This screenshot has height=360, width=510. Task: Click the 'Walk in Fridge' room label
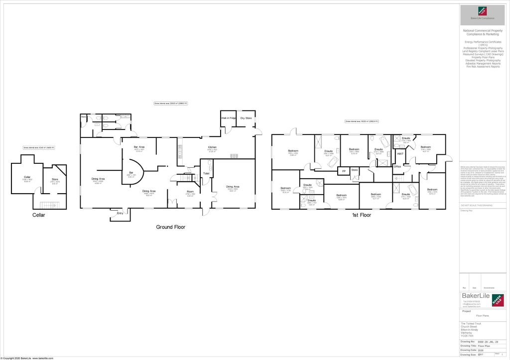(229, 118)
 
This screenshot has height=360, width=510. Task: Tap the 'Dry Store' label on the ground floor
(246, 118)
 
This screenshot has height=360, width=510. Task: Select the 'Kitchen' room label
(212, 147)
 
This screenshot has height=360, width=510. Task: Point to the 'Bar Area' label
(139, 147)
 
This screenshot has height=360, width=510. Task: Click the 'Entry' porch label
(120, 213)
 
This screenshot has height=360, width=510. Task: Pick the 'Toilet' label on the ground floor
(206, 173)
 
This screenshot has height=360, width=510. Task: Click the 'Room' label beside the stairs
(190, 192)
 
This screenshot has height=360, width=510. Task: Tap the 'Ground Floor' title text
(170, 227)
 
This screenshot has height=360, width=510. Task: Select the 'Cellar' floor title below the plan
(39, 215)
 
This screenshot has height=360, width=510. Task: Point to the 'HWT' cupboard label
(400, 154)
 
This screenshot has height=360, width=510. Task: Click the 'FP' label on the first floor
(343, 170)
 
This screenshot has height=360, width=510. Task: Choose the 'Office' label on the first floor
(397, 166)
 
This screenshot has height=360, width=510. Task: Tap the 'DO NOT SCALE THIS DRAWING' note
(477, 205)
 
